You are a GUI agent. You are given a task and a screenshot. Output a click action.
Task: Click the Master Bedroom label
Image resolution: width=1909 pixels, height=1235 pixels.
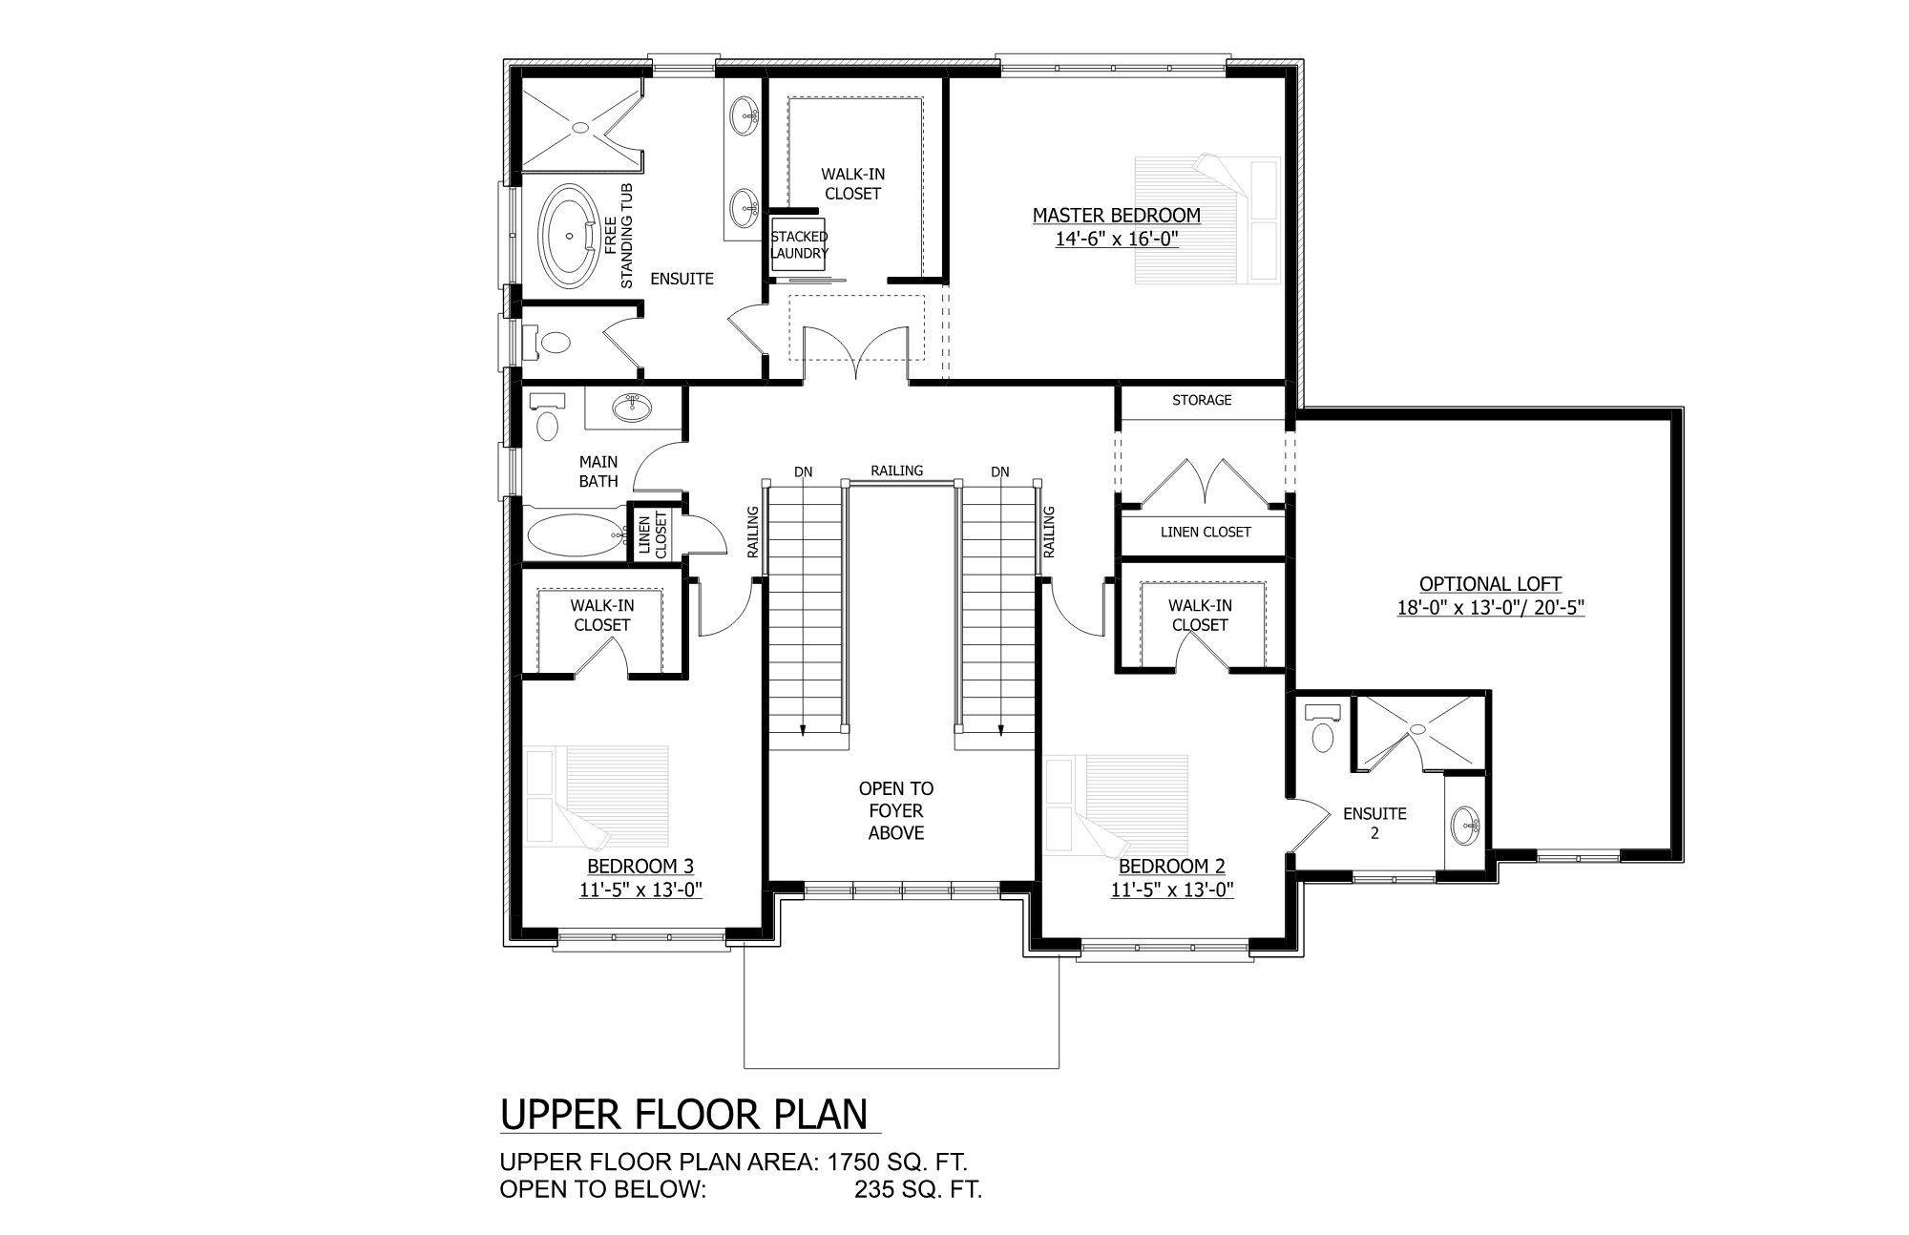pos(1116,216)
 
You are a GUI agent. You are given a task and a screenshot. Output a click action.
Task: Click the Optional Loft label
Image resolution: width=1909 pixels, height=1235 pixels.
pos(1490,584)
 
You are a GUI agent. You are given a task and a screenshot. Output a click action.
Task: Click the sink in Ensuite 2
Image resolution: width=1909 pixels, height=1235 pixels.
pos(1466,823)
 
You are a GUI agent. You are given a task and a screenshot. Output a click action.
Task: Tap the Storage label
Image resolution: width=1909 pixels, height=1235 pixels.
pos(1202,401)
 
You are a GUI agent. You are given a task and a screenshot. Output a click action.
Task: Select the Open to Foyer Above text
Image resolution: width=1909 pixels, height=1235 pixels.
pos(896,811)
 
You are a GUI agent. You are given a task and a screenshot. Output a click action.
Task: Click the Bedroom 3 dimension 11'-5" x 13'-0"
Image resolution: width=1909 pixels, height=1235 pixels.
pos(640,890)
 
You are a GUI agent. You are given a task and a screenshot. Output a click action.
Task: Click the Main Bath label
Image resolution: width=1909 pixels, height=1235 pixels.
pos(598,471)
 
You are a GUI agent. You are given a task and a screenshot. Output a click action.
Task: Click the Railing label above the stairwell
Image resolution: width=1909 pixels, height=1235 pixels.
pos(896,471)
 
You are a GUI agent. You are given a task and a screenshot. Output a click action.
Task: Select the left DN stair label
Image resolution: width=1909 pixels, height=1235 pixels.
pos(803,471)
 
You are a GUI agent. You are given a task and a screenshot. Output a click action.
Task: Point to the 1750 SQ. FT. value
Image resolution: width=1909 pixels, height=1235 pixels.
pos(898,1162)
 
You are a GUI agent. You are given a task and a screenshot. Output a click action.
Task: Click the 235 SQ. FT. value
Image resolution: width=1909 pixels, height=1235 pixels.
pos(917,1189)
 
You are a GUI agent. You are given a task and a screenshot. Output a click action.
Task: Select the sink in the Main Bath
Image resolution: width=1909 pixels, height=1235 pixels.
pos(632,408)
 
